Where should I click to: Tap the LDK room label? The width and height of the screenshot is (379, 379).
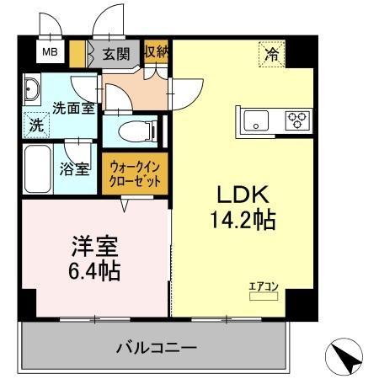243,195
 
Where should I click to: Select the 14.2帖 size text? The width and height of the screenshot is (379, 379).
243,222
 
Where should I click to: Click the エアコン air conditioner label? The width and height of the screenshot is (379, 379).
263,288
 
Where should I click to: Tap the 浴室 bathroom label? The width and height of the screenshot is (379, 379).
74,168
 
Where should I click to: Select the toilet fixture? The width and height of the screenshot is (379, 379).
134,131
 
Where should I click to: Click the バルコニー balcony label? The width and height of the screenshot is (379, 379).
156,346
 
